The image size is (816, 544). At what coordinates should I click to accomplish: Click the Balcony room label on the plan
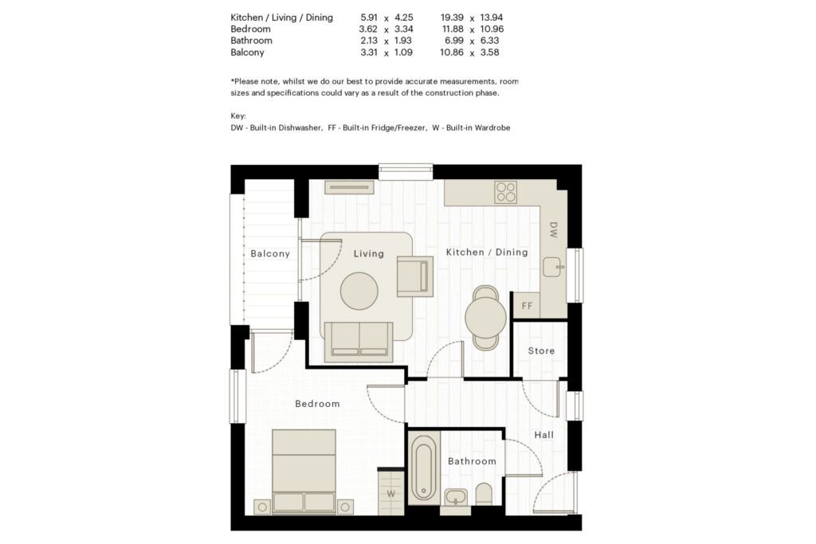pyautogui.click(x=269, y=254)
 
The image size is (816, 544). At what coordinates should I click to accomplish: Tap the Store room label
pyautogui.click(x=541, y=350)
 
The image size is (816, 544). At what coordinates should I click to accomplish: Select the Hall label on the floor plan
pyautogui.click(x=543, y=435)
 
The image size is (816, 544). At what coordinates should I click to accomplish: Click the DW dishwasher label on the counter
pyautogui.click(x=553, y=230)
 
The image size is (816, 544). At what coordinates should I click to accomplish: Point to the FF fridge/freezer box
pyautogui.click(x=527, y=305)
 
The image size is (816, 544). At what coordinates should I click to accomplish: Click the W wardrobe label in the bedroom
pyautogui.click(x=390, y=494)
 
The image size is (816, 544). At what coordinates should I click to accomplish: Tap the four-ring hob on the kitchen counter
pyautogui.click(x=506, y=191)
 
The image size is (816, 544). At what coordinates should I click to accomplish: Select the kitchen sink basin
pyautogui.click(x=553, y=268)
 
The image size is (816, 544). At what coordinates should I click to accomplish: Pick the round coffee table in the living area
pyautogui.click(x=359, y=291)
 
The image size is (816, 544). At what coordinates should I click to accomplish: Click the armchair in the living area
pyautogui.click(x=414, y=276)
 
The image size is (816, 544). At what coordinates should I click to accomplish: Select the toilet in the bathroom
pyautogui.click(x=484, y=494)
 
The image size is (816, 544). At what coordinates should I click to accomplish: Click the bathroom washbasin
pyautogui.click(x=456, y=497)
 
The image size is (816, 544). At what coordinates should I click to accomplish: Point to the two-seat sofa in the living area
pyautogui.click(x=359, y=341)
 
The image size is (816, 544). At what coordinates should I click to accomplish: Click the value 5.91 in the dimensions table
pyautogui.click(x=369, y=18)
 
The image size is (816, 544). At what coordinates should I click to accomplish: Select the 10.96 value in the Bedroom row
pyautogui.click(x=492, y=29)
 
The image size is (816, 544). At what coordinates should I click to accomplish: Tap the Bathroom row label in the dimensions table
pyautogui.click(x=251, y=41)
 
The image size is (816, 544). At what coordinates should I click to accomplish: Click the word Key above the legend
pyautogui.click(x=238, y=116)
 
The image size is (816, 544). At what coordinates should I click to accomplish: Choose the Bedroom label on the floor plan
pyautogui.click(x=317, y=404)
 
